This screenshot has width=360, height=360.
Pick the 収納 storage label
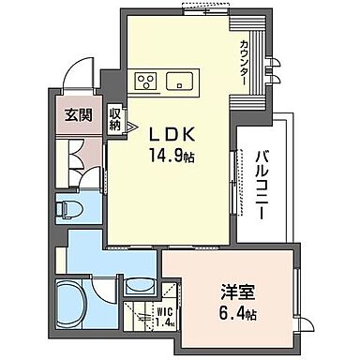115,119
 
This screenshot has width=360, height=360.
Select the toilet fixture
67,205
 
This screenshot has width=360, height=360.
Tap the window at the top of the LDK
203,12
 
